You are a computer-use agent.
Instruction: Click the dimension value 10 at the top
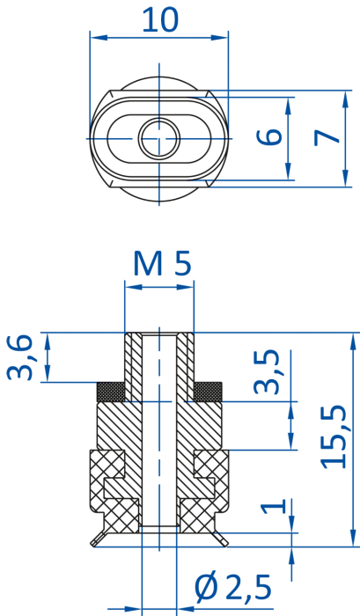pos(160,19)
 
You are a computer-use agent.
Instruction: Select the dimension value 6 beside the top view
pos(269,136)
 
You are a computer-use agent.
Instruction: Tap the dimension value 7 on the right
pos(327,137)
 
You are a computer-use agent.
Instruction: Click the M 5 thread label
pos(162,263)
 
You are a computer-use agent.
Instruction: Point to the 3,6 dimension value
pos(19,357)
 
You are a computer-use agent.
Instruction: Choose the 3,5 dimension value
pos(267,371)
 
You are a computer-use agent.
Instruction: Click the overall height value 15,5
pos(334,436)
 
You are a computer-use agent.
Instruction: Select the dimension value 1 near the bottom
pos(274,506)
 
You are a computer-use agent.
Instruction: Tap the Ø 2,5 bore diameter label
pos(233,588)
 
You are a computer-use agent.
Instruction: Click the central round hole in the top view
pos(159,139)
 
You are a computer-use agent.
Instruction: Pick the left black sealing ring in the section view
pos(111,392)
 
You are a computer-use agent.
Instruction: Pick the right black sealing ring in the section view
pos(208,392)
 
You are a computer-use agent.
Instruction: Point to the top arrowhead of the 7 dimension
pos(345,99)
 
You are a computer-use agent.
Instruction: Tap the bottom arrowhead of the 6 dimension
pos(289,172)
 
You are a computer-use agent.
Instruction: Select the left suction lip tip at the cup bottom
pos(92,544)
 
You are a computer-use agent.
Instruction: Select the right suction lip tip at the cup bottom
pos(225,544)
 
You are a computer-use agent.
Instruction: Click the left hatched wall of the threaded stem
pos(133,367)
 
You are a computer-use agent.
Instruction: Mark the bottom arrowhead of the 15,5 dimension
pos(353,538)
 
